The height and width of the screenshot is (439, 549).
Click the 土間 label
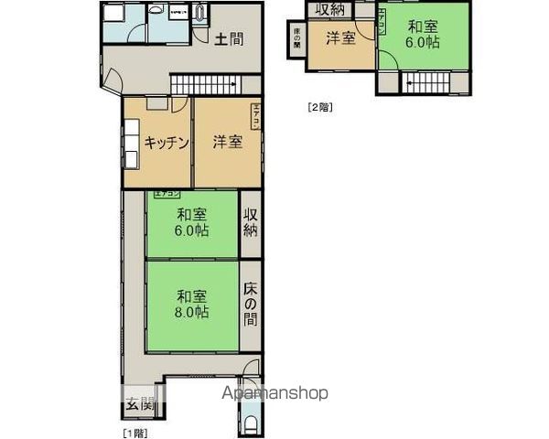coord(229,39)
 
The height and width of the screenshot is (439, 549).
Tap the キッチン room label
coord(166,142)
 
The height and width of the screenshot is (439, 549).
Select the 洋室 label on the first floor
coord(228,142)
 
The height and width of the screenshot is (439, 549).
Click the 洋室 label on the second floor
coord(340,39)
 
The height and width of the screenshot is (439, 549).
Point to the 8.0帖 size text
coord(192,312)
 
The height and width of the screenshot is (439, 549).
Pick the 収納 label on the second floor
coord(330,9)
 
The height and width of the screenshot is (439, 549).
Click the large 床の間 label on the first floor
coord(251,304)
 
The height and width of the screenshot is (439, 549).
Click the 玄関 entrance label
coord(140,403)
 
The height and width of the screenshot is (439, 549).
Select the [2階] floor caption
coord(318,106)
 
